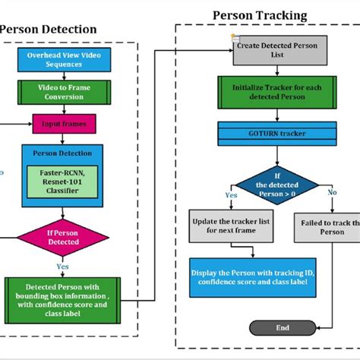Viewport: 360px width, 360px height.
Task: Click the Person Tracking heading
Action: tap(260, 15)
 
